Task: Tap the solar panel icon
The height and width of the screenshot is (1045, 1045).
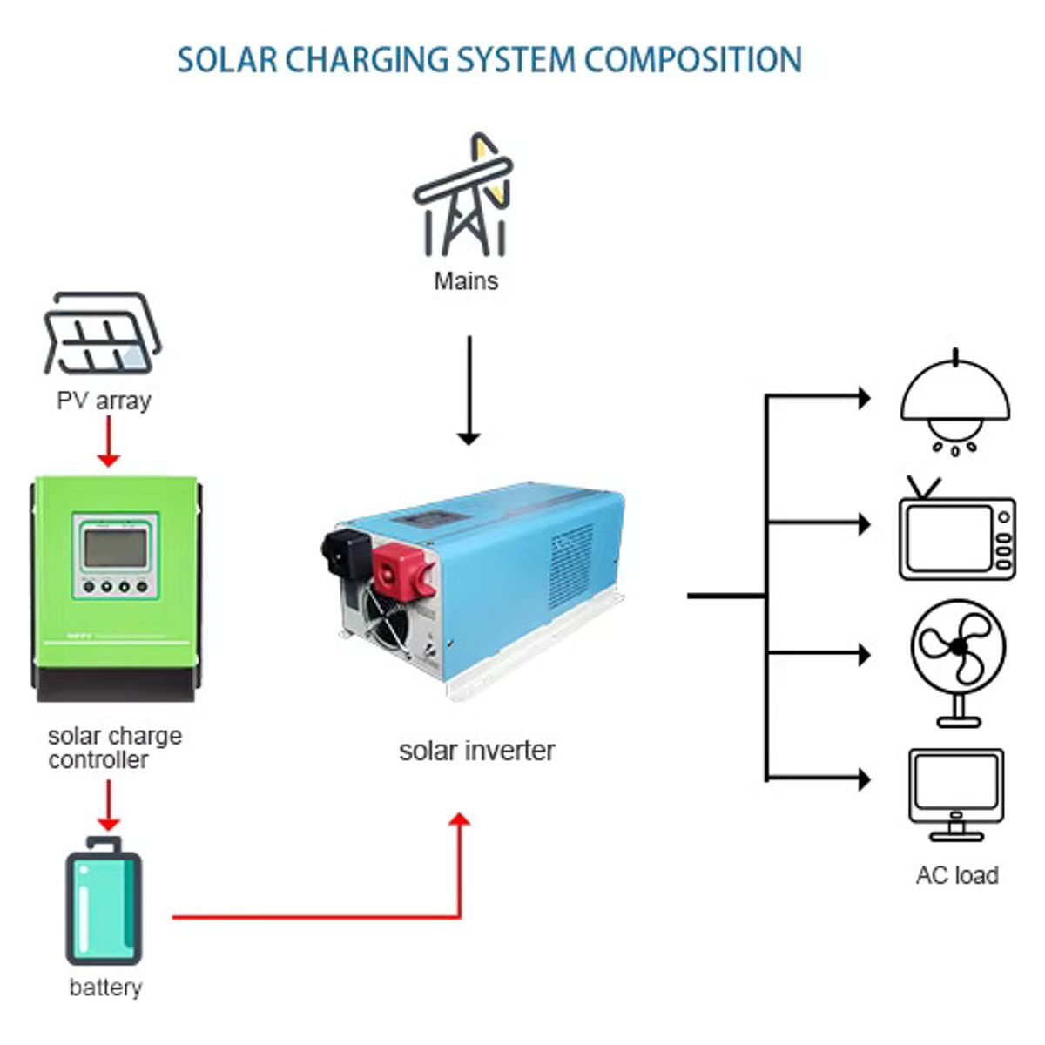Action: [x=102, y=334]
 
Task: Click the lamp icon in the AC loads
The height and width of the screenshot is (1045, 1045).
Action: [x=955, y=402]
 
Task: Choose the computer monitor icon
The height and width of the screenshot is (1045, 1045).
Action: [x=956, y=792]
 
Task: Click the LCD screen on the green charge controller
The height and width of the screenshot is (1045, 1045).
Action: [x=116, y=549]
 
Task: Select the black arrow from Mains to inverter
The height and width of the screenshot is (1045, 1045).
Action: [x=469, y=391]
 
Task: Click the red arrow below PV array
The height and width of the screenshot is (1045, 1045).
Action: [x=109, y=441]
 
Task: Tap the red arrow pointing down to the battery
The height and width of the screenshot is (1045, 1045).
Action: [x=109, y=805]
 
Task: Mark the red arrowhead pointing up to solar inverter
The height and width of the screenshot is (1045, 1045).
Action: [x=460, y=821]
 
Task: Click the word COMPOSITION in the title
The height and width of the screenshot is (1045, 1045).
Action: [x=692, y=60]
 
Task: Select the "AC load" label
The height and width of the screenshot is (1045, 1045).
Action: [x=956, y=875]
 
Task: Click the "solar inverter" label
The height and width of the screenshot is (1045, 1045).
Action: [x=476, y=751]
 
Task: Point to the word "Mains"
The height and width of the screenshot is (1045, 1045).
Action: [x=466, y=281]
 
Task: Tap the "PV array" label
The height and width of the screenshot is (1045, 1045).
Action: [x=104, y=401]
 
